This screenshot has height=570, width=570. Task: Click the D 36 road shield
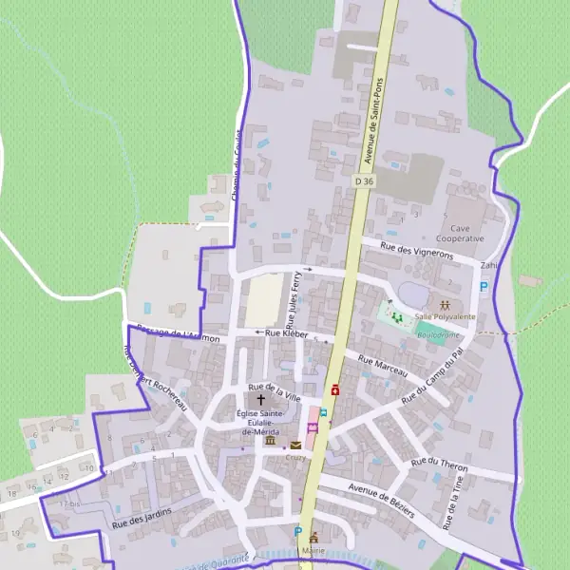coord(365,180)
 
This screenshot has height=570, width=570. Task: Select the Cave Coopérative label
coord(461,234)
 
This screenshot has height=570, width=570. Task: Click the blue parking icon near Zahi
coord(484,286)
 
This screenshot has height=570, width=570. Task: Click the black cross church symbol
coord(261,400)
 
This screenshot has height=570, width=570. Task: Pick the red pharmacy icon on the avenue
coord(335,389)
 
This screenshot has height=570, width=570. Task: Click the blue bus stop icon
coord(323,412)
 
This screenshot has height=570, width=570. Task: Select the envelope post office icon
coord(295,445)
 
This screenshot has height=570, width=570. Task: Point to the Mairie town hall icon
coord(313,538)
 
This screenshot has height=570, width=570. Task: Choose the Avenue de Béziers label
coord(382,500)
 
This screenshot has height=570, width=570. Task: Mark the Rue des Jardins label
coord(142,516)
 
